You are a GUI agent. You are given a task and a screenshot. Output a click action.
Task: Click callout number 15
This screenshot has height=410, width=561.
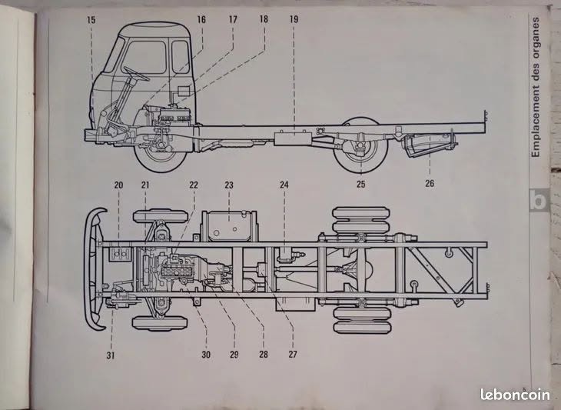pyautogui.click(x=91, y=20)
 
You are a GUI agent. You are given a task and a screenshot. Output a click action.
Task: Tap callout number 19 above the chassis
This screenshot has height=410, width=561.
pyautogui.click(x=294, y=19)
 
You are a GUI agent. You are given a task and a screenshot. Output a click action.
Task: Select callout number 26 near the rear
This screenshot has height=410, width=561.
pyautogui.click(x=430, y=183)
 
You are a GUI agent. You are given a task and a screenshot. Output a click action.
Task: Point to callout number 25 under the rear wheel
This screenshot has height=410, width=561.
pyautogui.click(x=360, y=184)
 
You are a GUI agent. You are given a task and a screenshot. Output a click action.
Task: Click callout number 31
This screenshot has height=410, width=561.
pyautogui.click(x=111, y=355)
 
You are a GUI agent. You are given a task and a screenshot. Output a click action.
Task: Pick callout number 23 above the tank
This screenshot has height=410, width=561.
pyautogui.click(x=229, y=185)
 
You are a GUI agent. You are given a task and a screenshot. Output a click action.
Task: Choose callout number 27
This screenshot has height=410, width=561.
pyautogui.click(x=293, y=355)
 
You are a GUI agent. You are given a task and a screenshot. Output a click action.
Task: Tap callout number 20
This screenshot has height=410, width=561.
pyautogui.click(x=118, y=185)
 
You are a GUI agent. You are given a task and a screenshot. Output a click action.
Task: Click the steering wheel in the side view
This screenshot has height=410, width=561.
pyautogui.click(x=136, y=74)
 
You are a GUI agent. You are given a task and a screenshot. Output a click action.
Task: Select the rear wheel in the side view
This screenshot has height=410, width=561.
pyautogui.click(x=360, y=145)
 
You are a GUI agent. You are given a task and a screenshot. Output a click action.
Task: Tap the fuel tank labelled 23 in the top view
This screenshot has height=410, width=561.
pyautogui.click(x=229, y=226)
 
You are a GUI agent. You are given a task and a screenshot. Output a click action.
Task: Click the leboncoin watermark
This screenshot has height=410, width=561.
pyautogui.click(x=515, y=395)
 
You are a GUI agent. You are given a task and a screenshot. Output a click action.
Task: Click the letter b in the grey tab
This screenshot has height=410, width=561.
pyautogui.click(x=539, y=200)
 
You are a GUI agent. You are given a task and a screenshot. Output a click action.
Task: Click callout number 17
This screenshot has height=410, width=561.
pyautogui.click(x=233, y=19)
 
